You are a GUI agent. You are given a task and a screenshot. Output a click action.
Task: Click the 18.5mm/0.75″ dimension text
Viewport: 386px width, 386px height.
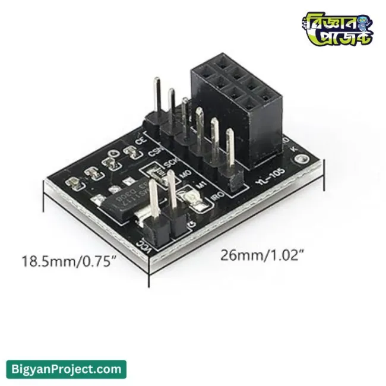click(x=67, y=261)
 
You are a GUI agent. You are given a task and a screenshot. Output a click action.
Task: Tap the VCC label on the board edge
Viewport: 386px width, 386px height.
click(x=143, y=245)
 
